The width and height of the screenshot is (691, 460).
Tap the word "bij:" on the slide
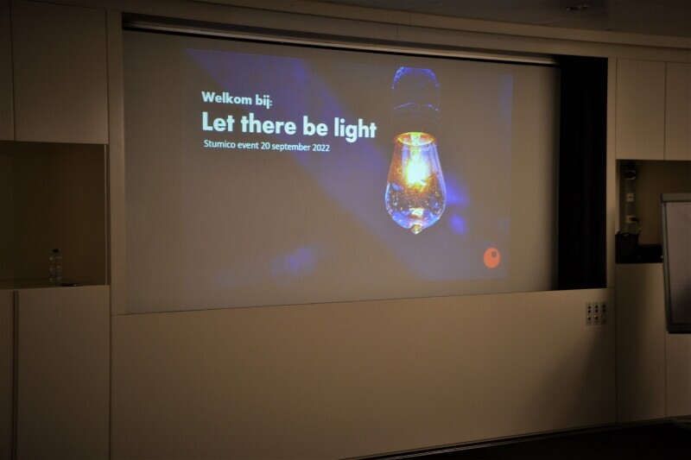click(264, 100)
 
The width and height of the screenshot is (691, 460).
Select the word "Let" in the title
click(218, 122)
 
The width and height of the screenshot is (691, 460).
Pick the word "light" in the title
click(355, 129)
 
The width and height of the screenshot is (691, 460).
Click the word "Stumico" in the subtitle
click(219, 144)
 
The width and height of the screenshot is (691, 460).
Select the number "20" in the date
click(265, 146)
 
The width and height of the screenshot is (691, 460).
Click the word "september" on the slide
click(291, 147)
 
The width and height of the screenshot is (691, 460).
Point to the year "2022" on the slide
click(321, 148)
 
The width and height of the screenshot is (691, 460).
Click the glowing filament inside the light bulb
click(415, 169)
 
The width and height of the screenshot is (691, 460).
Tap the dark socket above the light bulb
click(415, 99)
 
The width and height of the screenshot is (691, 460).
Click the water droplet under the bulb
click(415, 229)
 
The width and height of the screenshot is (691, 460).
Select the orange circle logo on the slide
click(492, 258)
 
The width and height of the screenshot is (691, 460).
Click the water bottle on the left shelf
click(55, 266)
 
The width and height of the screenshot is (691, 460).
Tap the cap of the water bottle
click(55, 251)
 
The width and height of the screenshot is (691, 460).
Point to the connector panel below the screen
click(596, 313)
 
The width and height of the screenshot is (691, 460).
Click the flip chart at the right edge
click(676, 262)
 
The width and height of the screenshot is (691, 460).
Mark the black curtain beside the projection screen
click(582, 176)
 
